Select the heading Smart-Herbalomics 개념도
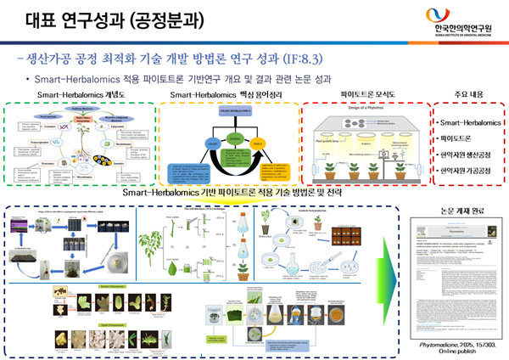pyautogui.click(x=76, y=94)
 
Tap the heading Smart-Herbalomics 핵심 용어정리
pyautogui.click(x=223, y=94)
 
